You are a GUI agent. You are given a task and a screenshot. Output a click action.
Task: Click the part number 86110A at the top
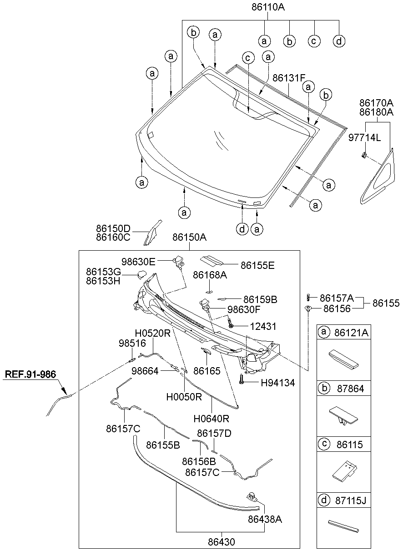268,7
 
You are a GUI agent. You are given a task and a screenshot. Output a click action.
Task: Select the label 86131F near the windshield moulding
288,78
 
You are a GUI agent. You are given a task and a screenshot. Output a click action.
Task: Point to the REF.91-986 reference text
30,375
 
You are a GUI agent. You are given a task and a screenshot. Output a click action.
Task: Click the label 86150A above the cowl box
190,238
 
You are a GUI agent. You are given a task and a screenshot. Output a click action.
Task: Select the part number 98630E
138,261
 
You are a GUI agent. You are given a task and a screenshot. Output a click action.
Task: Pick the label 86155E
257,265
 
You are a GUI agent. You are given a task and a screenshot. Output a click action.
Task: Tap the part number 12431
263,326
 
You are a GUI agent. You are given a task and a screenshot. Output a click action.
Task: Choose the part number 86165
207,371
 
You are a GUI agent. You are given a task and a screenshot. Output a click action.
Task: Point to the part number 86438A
265,519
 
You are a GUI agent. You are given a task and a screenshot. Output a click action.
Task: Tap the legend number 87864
347,388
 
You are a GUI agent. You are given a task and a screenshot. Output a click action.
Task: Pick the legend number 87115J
350,500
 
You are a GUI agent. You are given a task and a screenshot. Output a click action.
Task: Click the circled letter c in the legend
323,444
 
